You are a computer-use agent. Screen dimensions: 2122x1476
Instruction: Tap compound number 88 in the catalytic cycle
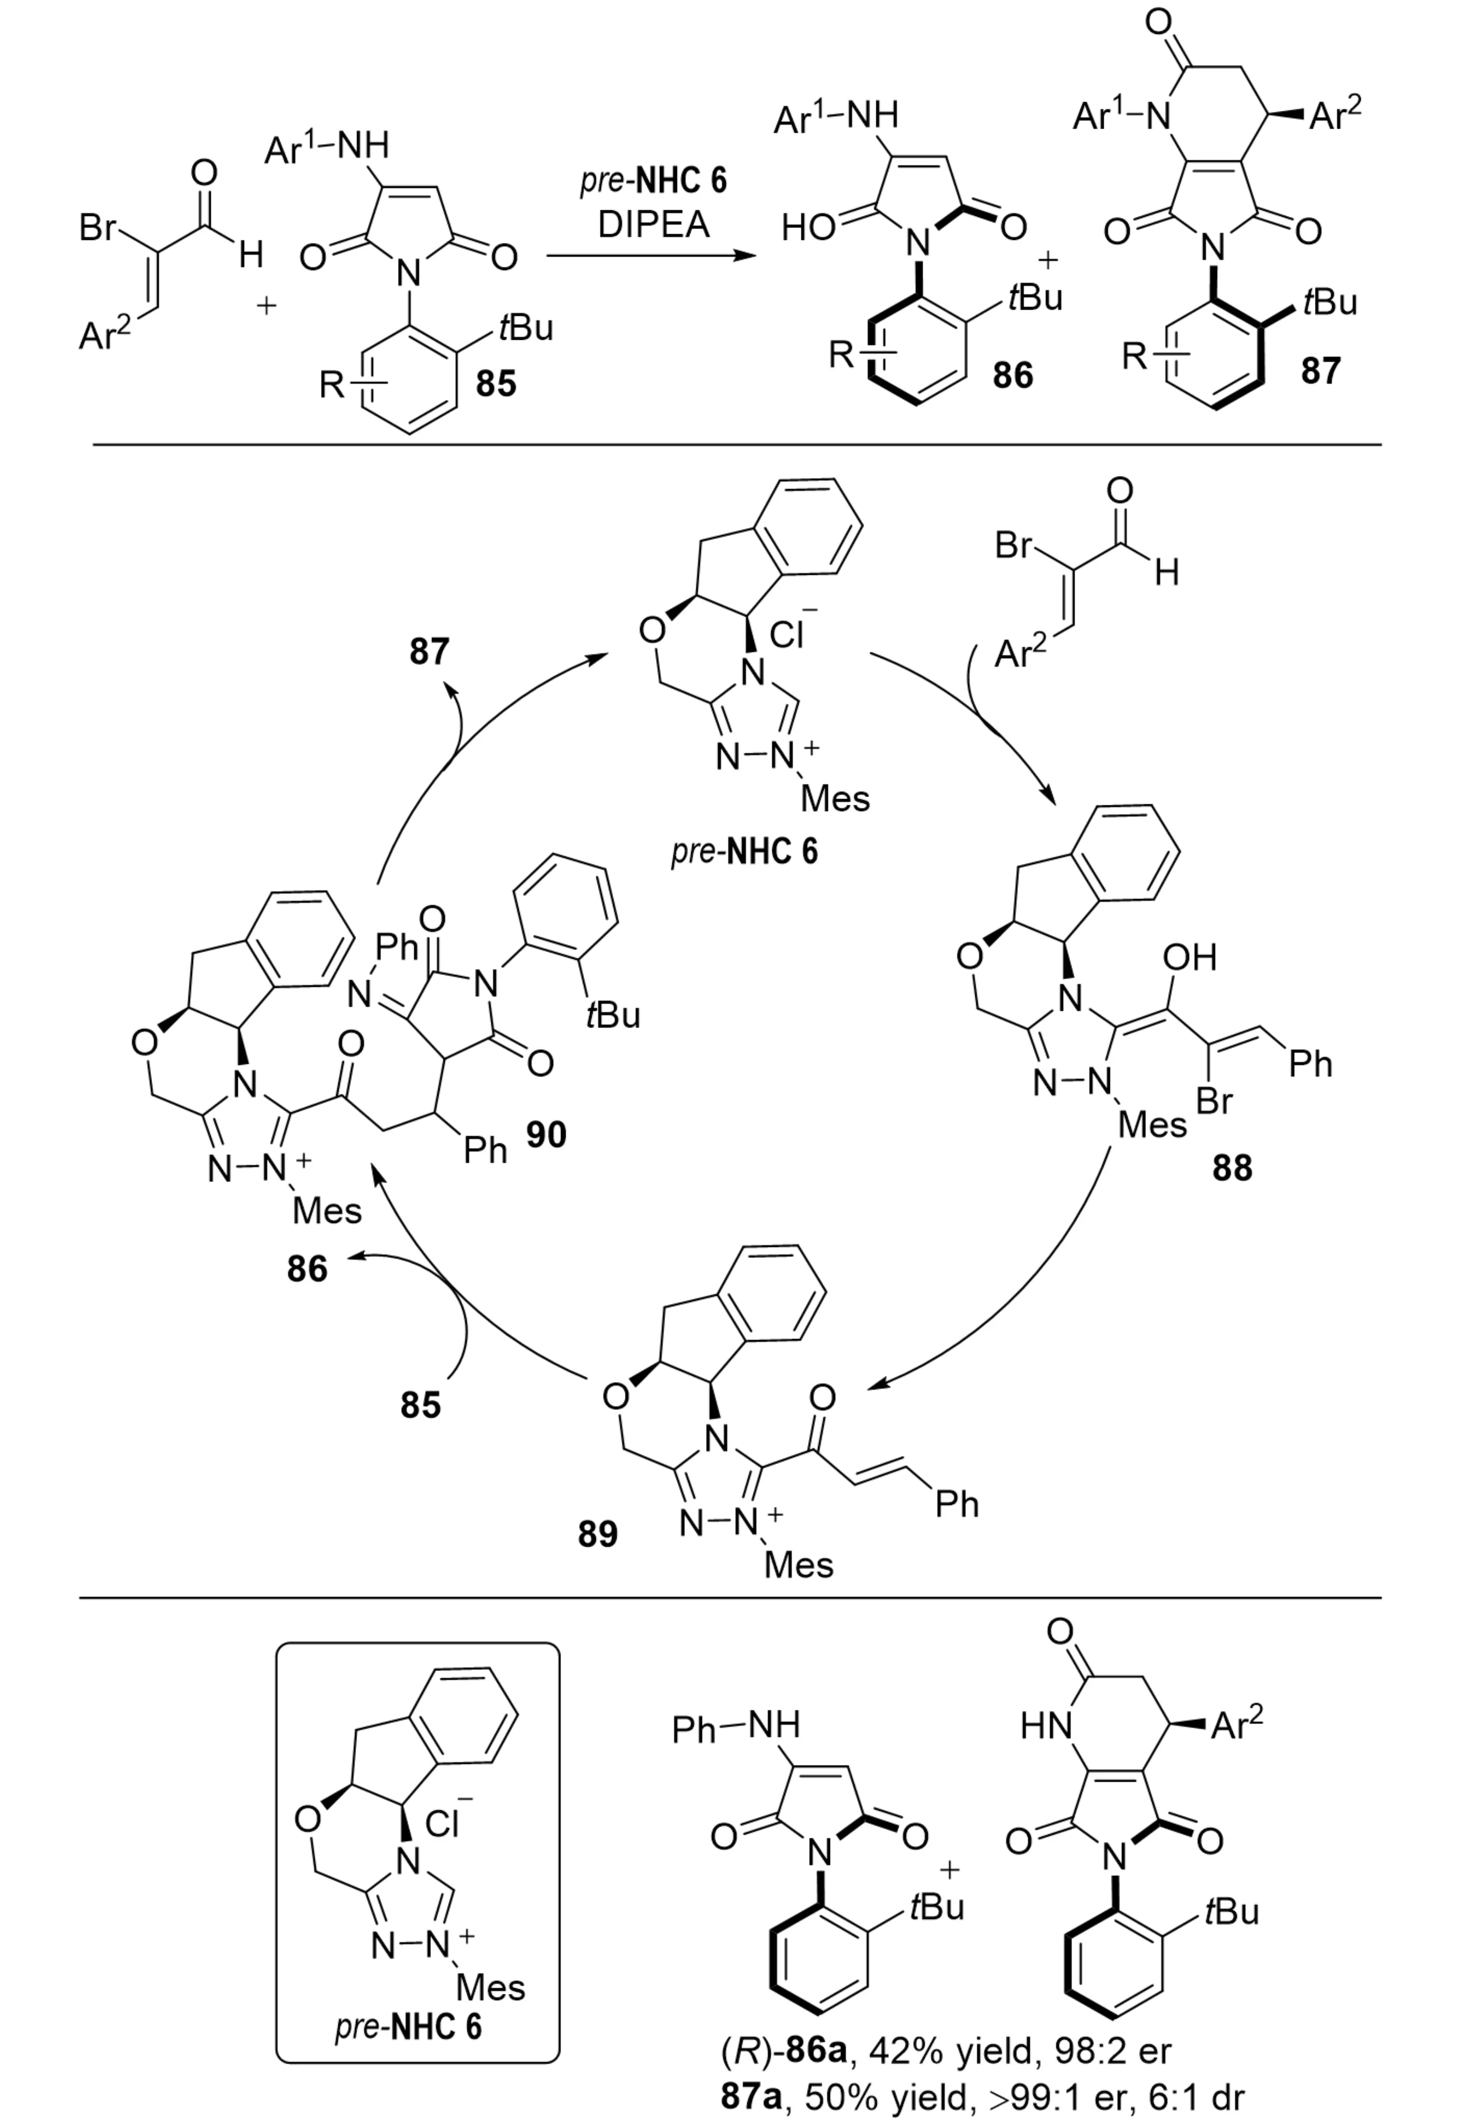point(1232,1167)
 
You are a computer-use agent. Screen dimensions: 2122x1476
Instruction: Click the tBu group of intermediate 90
point(612,1015)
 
